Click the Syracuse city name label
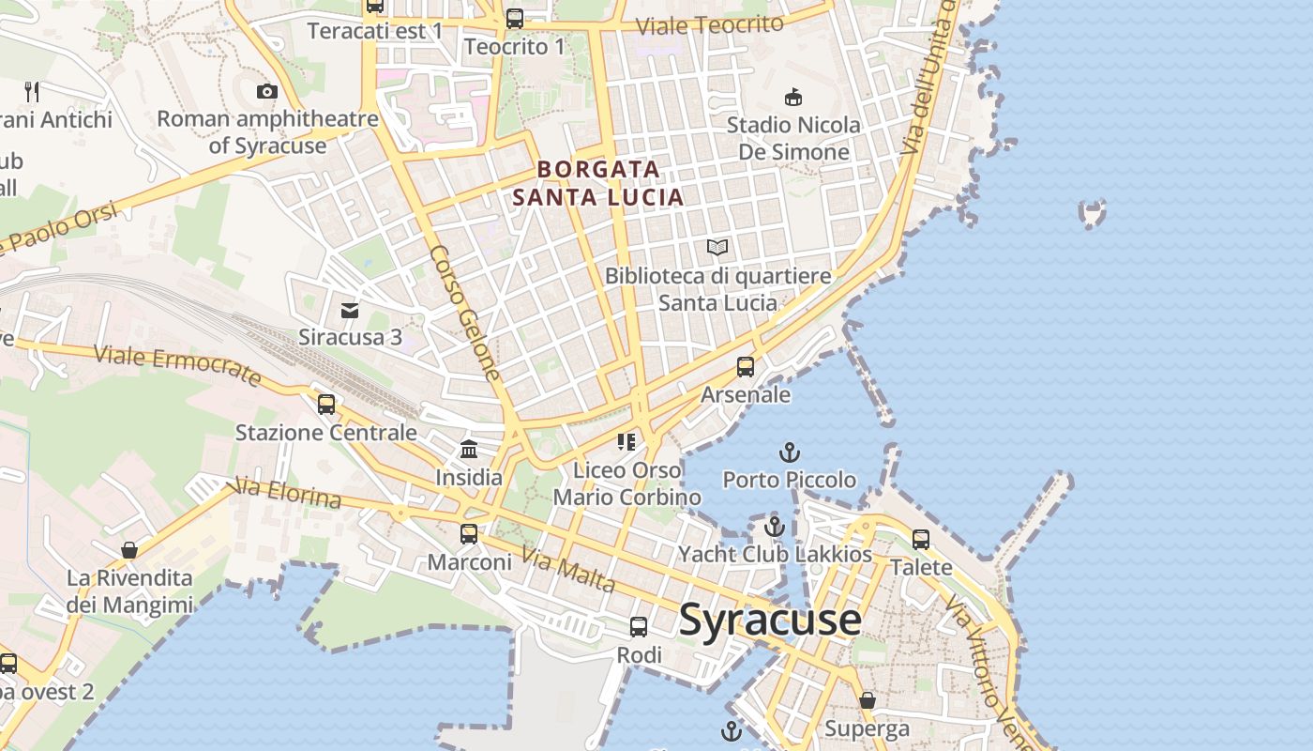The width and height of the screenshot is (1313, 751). coord(770,620)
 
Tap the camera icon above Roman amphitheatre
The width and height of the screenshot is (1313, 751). coord(267,91)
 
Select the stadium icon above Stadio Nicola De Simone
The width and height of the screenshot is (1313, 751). coord(793,96)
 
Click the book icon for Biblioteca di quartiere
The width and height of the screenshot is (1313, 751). coord(717,247)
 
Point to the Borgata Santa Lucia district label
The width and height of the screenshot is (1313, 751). coord(598,183)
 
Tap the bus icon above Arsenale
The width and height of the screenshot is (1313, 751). coord(746,367)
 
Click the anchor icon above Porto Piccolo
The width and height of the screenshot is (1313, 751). coord(790,452)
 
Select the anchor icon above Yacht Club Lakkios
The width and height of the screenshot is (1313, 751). coord(774,527)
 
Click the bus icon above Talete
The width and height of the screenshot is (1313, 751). coord(921,540)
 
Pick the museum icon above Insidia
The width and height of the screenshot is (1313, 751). coord(469,450)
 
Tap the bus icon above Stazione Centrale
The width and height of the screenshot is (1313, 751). coord(326,405)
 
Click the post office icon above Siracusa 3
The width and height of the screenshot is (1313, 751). coord(350,310)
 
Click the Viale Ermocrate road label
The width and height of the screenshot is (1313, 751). coord(177,365)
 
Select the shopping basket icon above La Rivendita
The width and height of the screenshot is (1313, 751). coord(129,550)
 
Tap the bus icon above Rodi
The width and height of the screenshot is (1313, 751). coord(639,627)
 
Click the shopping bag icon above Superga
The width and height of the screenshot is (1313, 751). coord(868,700)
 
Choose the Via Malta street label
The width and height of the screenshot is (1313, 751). coord(568,571)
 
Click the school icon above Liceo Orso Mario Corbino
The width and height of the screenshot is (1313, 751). coord(626,441)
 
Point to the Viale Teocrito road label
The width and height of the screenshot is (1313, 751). coord(709,25)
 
